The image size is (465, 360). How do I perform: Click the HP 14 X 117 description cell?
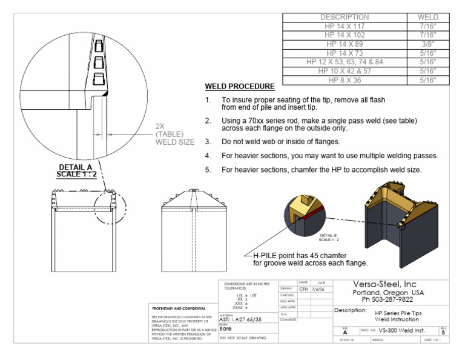tap(345, 27)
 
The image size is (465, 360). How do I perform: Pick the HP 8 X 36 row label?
tap(345, 79)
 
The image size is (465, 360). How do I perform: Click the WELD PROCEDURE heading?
tap(240, 87)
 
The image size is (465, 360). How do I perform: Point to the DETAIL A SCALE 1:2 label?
tap(76, 171)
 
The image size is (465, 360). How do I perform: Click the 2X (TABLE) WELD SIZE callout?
tap(174, 134)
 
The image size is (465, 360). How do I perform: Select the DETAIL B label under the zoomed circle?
tap(327, 236)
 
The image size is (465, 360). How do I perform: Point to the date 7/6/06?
tap(321, 289)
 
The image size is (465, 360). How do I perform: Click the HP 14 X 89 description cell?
tap(345, 44)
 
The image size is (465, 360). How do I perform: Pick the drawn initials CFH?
tap(303, 289)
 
